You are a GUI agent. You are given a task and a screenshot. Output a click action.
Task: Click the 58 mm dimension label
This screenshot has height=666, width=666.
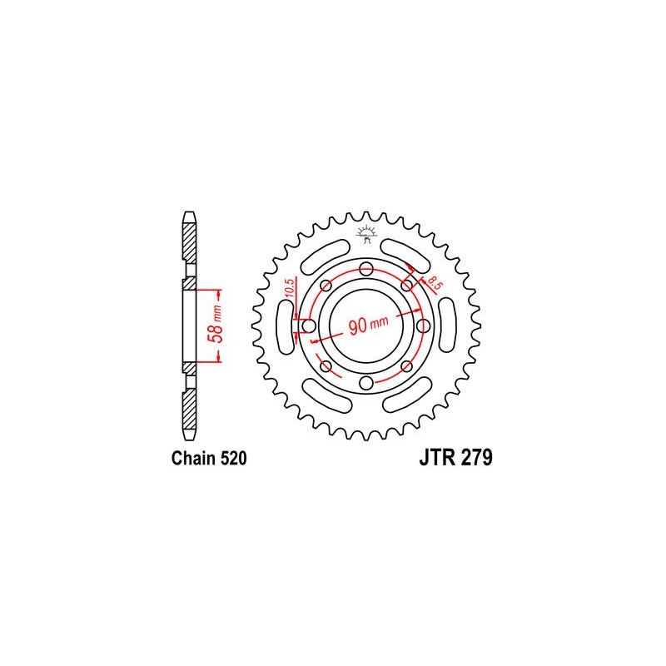point(216,325)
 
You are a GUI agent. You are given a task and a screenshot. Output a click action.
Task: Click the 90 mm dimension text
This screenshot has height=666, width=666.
point(368,325)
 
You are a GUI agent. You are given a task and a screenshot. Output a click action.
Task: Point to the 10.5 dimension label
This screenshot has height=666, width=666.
point(289,288)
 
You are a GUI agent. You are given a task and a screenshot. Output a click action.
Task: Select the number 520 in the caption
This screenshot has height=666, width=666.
point(233,459)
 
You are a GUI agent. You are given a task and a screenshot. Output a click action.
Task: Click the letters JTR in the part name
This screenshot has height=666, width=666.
point(438,458)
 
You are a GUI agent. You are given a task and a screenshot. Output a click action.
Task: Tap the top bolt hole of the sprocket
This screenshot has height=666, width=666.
point(365,269)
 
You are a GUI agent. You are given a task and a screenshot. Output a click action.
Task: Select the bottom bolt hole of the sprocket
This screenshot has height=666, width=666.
point(365,383)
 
